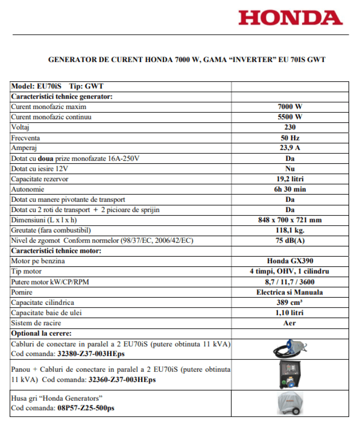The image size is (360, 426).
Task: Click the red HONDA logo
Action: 290,17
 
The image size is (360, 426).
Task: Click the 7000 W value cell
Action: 290,107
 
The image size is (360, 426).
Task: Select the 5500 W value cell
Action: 290,117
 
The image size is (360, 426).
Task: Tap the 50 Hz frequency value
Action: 290,138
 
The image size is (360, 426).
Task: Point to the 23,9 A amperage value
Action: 290,148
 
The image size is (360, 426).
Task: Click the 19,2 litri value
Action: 290,179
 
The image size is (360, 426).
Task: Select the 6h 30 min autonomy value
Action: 290,189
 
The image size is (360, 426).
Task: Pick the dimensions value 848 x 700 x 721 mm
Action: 290,220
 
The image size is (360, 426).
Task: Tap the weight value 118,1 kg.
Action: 290,230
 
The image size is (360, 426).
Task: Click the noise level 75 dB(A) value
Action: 290,240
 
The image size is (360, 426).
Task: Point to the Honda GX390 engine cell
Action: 290,261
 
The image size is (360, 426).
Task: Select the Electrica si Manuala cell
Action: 290,292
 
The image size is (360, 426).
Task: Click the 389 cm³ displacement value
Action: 290,302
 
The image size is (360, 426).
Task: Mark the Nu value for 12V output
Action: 290,168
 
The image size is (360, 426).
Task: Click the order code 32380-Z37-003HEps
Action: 91,354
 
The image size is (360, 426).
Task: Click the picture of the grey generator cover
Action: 290,403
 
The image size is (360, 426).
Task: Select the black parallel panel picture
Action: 290,374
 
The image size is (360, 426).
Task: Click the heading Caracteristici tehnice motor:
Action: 56,251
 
